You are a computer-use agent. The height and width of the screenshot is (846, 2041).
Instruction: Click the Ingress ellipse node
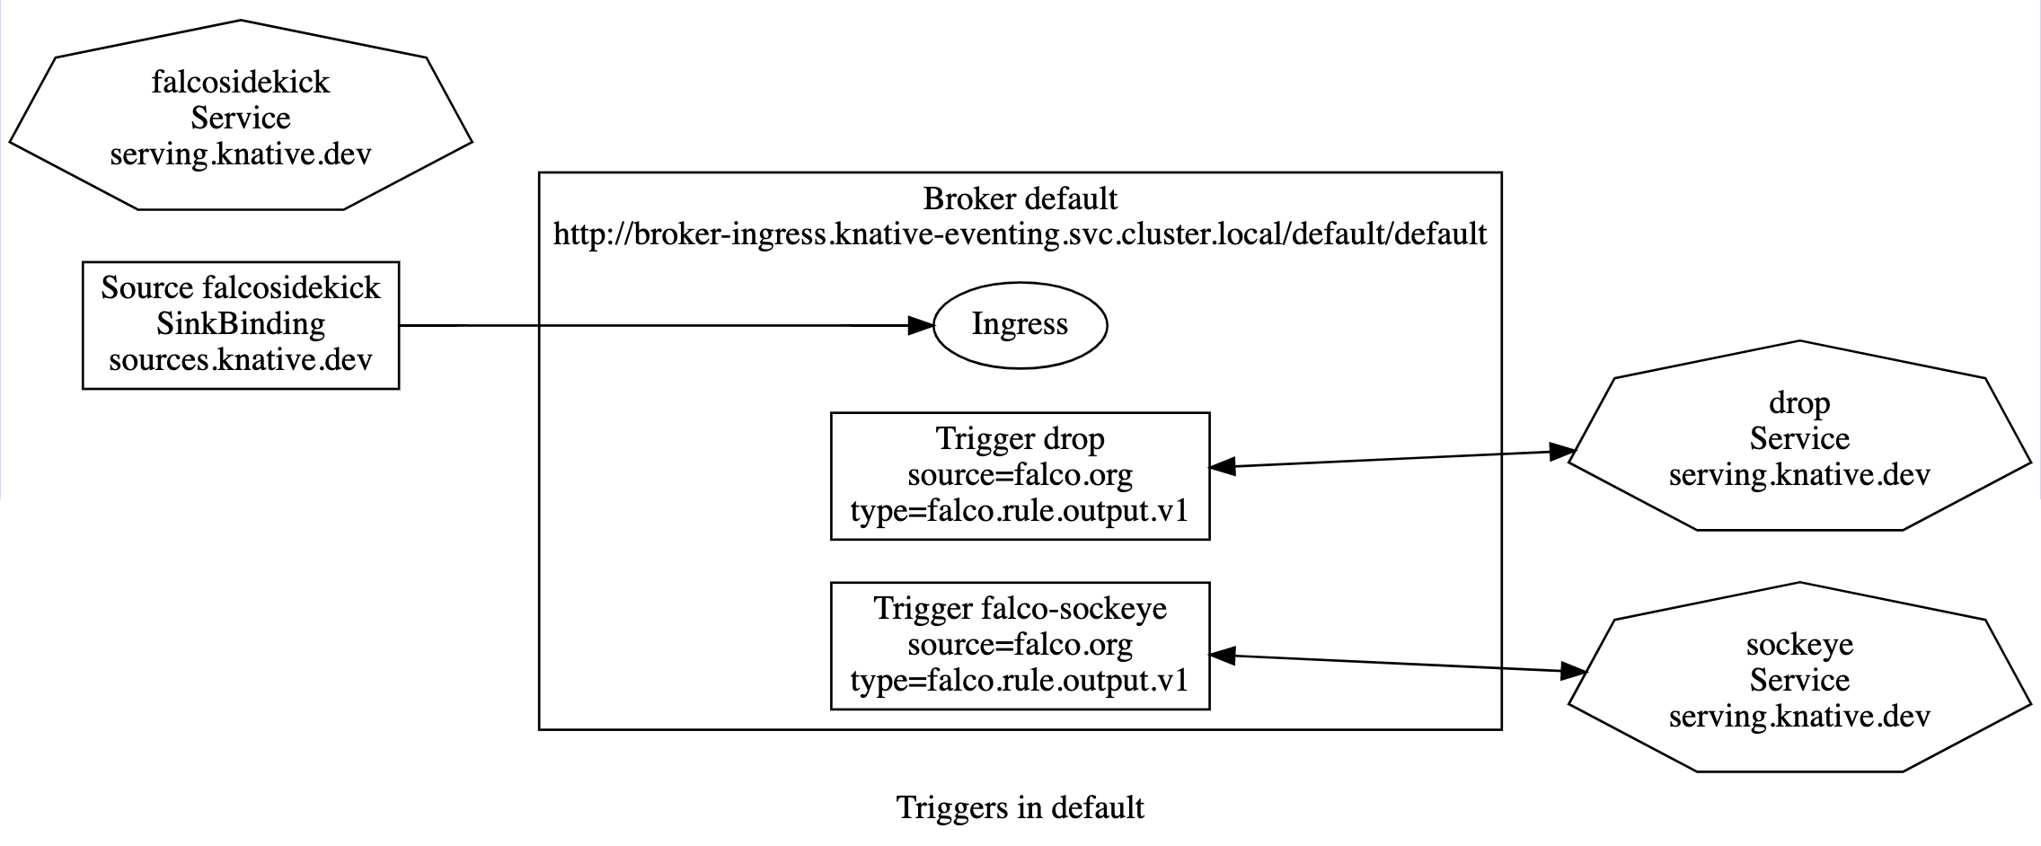pyautogui.click(x=1020, y=325)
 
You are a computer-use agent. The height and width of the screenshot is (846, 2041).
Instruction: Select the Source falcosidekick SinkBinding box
pyautogui.click(x=240, y=325)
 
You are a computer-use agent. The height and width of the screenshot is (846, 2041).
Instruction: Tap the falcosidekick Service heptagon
pyautogui.click(x=240, y=117)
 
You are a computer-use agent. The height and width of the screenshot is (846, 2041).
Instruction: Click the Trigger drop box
pyautogui.click(x=1020, y=476)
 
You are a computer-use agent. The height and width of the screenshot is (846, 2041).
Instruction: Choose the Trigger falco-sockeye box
pyautogui.click(x=1020, y=646)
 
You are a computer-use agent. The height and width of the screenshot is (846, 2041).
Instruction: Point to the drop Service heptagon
pyautogui.click(x=1798, y=438)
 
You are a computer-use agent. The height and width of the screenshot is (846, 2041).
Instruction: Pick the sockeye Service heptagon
pyautogui.click(x=1798, y=680)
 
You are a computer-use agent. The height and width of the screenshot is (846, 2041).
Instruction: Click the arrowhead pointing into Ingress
pyautogui.click(x=921, y=325)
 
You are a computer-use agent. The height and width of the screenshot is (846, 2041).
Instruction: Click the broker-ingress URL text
pyautogui.click(x=1020, y=234)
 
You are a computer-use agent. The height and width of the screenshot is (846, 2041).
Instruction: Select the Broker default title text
pyautogui.click(x=1020, y=198)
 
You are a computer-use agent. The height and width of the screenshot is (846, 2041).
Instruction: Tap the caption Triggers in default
pyautogui.click(x=1020, y=807)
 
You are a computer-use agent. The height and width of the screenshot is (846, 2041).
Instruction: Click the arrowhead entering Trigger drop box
pyautogui.click(x=1224, y=466)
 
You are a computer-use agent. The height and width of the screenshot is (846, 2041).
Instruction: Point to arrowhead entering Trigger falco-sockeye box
pyautogui.click(x=1224, y=656)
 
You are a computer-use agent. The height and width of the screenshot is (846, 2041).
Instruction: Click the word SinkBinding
pyautogui.click(x=240, y=323)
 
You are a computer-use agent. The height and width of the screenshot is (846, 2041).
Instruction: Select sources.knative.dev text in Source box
pyautogui.click(x=240, y=360)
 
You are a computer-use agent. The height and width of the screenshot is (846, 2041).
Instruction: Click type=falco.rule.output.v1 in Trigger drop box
pyautogui.click(x=1020, y=511)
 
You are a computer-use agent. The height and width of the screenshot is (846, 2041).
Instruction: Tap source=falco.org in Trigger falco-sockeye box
pyautogui.click(x=1020, y=645)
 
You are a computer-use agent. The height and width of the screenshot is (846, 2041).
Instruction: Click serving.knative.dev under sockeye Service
pyautogui.click(x=1798, y=717)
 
